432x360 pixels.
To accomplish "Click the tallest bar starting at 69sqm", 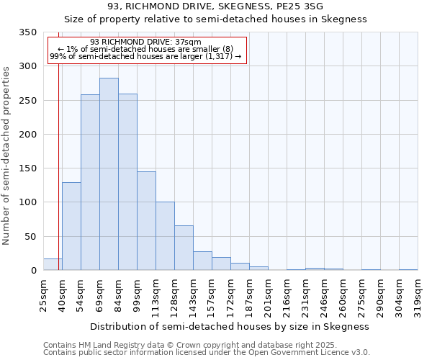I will click(109, 174).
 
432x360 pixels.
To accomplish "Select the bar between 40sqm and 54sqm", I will click(71, 226).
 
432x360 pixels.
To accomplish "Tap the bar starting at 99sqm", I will click(146, 221).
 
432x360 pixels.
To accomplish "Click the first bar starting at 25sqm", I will click(53, 264).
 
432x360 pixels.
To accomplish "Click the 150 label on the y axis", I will click(27, 168).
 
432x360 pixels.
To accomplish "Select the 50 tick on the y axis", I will click(30, 237).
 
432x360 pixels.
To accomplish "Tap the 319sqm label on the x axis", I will click(418, 294).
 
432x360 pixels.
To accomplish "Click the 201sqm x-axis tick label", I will click(268, 294).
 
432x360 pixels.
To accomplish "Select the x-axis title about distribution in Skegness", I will click(230, 326).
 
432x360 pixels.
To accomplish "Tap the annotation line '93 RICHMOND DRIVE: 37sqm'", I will click(146, 42).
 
